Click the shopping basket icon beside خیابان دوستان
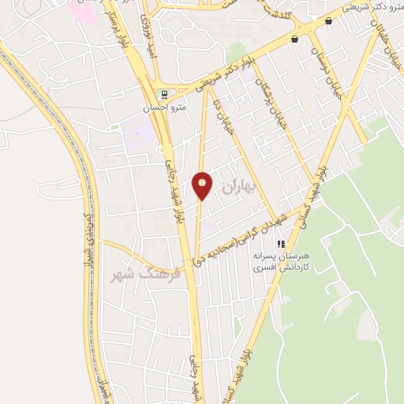[294, 39]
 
